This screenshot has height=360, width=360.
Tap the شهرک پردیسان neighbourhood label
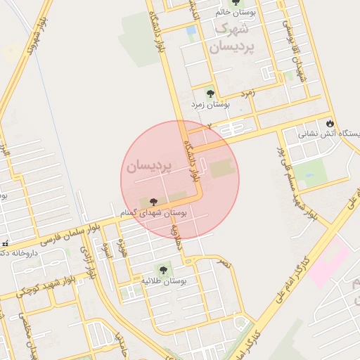tap(229, 39)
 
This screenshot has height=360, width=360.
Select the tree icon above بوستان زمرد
tap(210, 92)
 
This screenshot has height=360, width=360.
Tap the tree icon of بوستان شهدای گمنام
tap(153, 202)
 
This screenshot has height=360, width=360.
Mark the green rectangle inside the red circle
tap(219, 169)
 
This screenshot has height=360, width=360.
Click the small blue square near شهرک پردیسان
tap(191, 30)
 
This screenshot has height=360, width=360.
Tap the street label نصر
tap(222, 263)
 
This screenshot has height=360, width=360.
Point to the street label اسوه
tap(108, 250)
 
